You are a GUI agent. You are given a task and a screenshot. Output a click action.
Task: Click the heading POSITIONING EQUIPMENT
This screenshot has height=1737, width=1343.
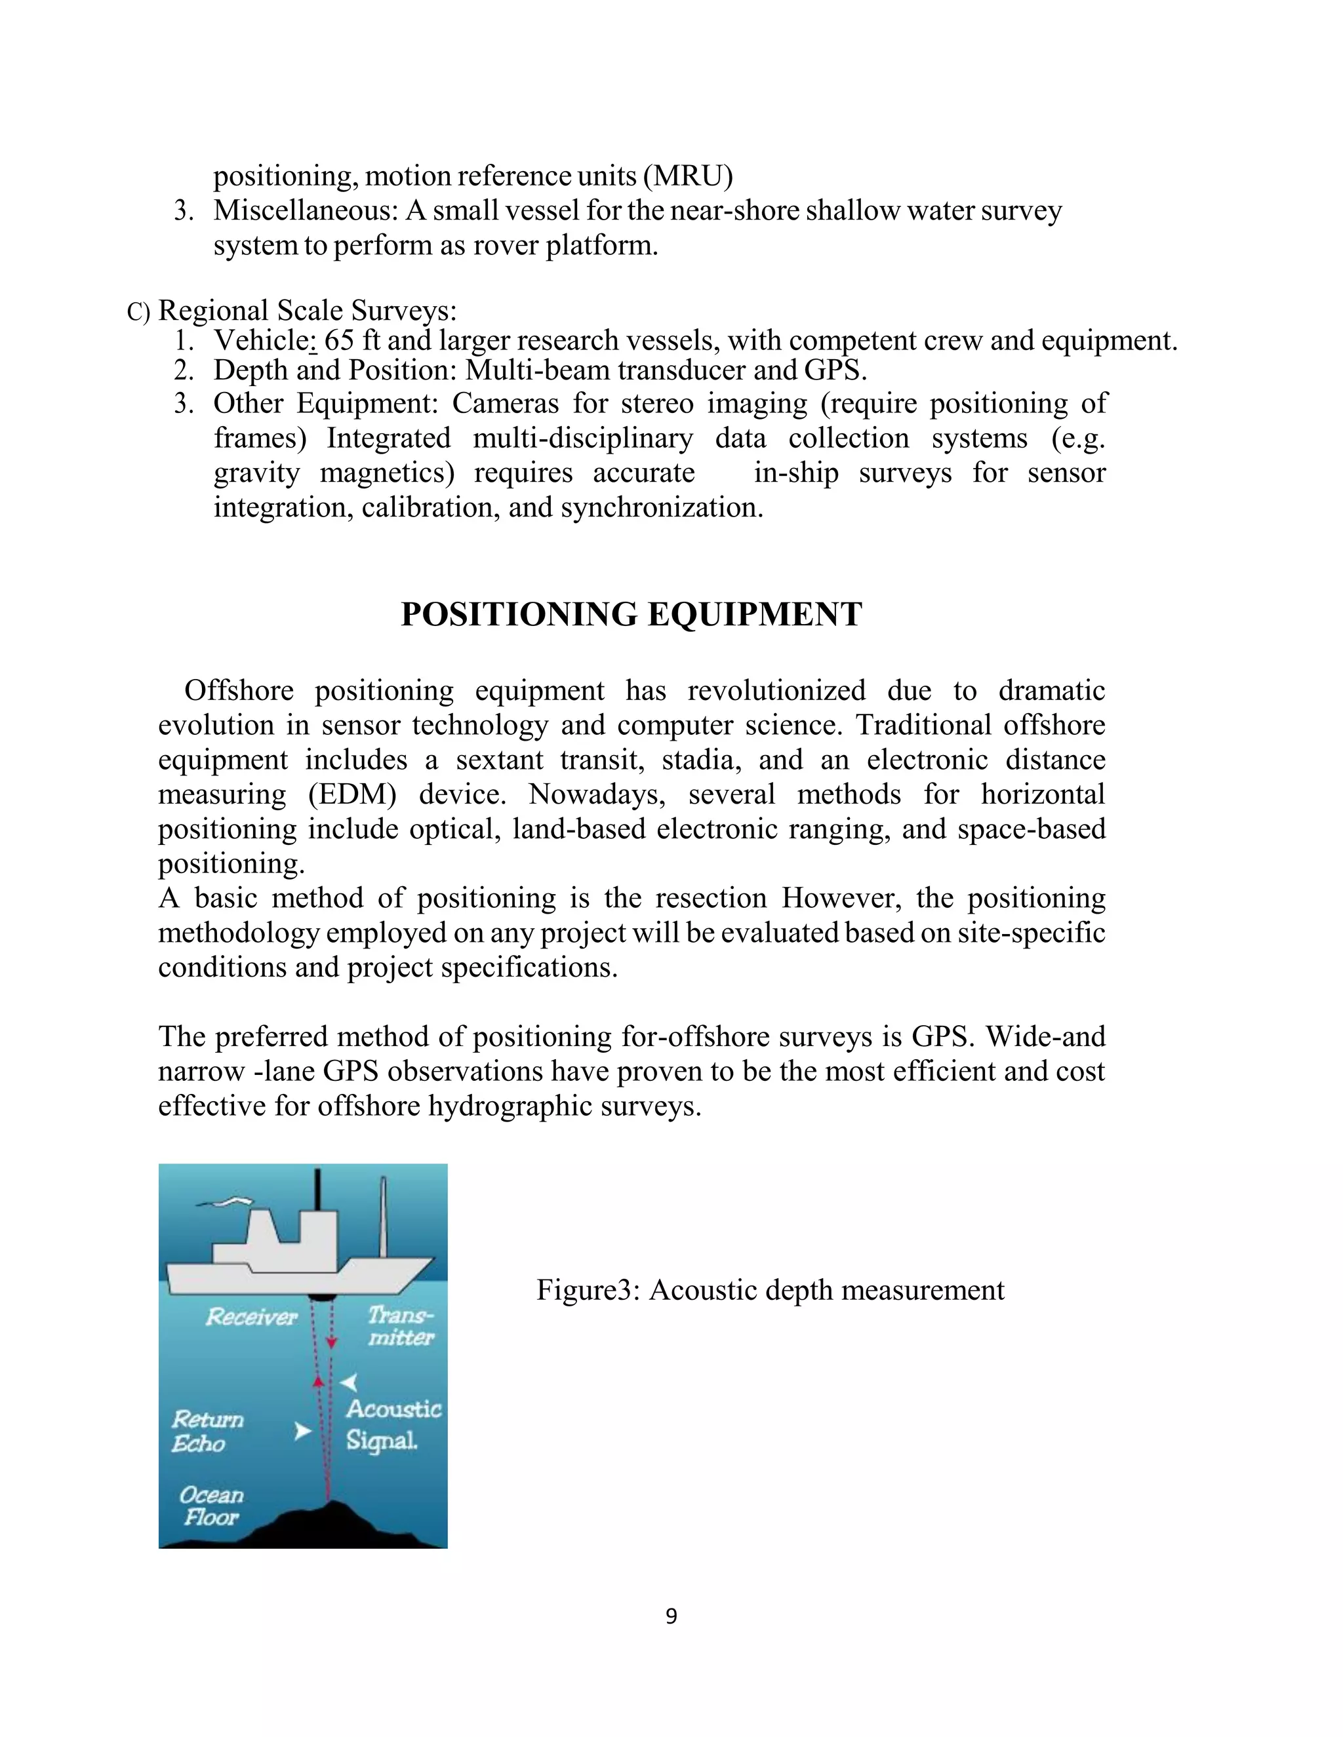coord(631,615)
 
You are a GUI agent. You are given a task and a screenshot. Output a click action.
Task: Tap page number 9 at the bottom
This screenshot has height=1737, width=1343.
coord(671,1616)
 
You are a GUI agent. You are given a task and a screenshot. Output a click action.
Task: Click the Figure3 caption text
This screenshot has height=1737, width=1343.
coord(769,1290)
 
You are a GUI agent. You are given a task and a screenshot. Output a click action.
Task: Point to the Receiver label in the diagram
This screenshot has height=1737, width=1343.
coord(251,1317)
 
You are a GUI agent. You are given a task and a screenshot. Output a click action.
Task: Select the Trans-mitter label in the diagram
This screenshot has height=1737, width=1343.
coord(400,1326)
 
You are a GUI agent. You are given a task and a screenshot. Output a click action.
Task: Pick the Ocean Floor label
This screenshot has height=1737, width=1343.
coord(211,1506)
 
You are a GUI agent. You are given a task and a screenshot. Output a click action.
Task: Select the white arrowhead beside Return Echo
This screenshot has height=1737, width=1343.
coord(302,1431)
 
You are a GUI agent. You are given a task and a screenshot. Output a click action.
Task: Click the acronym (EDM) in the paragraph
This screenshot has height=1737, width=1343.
coord(351,794)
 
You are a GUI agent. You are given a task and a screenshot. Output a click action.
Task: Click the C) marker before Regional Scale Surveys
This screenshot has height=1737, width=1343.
coord(138,312)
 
